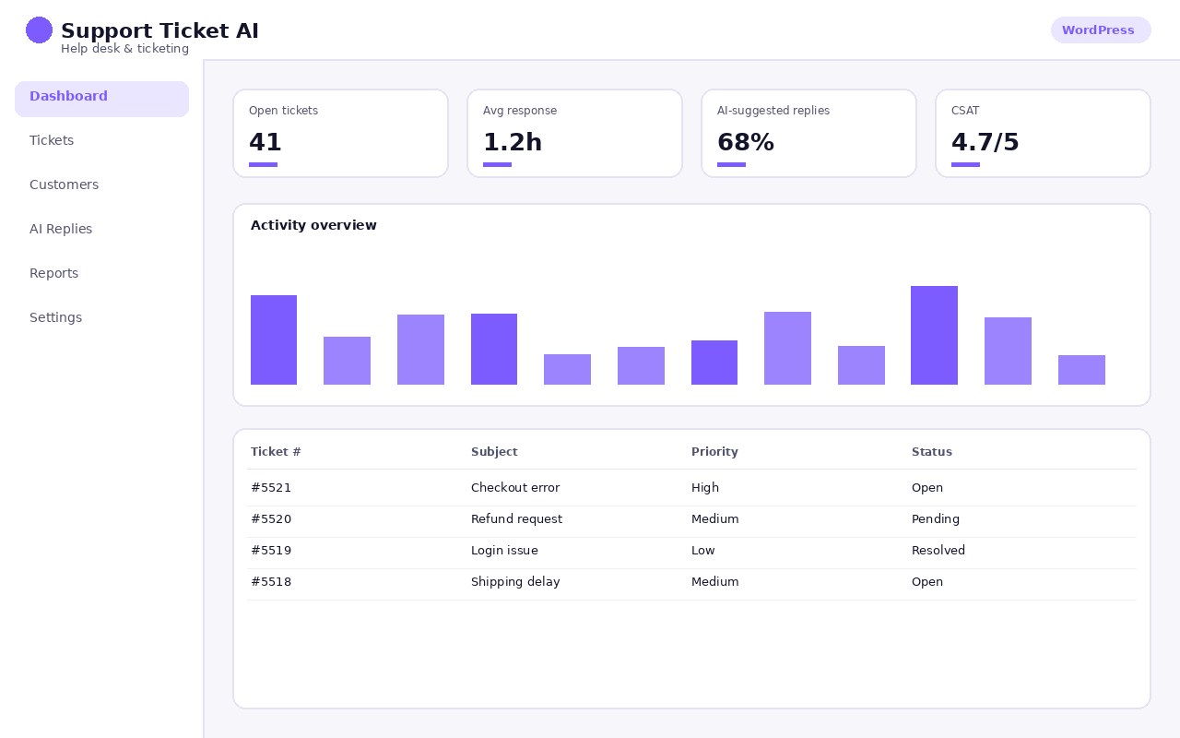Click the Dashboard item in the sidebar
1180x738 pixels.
click(x=101, y=99)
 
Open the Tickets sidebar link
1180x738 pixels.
click(x=52, y=140)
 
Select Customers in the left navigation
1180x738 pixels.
click(x=64, y=184)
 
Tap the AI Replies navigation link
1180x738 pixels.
click(x=61, y=229)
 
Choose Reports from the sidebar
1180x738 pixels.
click(x=53, y=273)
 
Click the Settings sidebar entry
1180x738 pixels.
click(x=56, y=317)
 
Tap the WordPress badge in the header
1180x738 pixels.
click(x=1101, y=30)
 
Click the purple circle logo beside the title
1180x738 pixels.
click(x=39, y=30)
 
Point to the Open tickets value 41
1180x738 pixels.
click(x=265, y=142)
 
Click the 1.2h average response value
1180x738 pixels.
click(x=512, y=142)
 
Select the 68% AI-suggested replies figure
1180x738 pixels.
click(x=746, y=142)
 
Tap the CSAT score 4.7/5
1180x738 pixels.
click(x=985, y=142)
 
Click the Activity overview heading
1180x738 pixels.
click(x=313, y=225)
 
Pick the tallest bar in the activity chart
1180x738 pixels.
click(x=934, y=335)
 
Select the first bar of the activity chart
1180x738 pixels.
click(x=274, y=340)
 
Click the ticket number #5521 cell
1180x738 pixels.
click(x=271, y=488)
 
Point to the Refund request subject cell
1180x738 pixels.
click(x=516, y=518)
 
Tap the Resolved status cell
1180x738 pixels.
click(x=938, y=551)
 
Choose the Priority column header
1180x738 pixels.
click(x=714, y=452)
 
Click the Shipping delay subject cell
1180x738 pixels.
click(x=515, y=581)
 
